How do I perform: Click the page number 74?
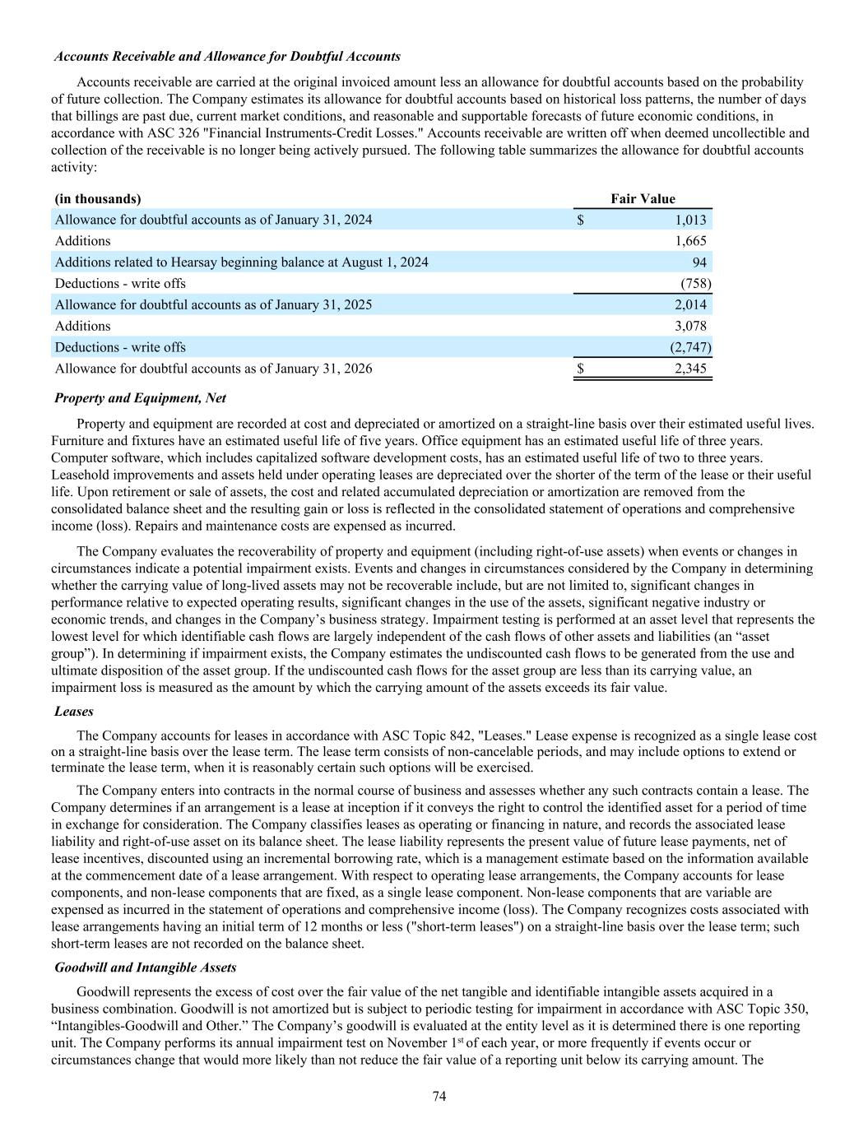(439, 1096)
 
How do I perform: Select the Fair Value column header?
(643, 198)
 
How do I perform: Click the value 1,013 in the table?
(689, 220)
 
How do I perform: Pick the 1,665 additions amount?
(689, 241)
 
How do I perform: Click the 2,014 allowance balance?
(689, 305)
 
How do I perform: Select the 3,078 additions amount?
(689, 327)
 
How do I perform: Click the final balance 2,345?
(689, 369)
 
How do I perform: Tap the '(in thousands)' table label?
(98, 198)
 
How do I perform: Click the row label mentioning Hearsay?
(241, 262)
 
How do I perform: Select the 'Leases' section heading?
(74, 711)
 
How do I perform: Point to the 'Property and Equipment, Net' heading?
(140, 398)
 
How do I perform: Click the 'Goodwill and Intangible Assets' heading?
(146, 968)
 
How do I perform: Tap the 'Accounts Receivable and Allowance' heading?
(227, 57)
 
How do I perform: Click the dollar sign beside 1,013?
(580, 220)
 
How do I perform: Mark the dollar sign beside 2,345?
(580, 369)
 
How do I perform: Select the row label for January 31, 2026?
(213, 369)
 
